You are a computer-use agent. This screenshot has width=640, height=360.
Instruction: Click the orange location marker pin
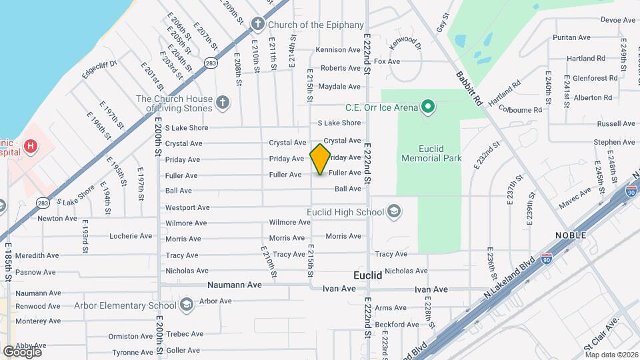click(x=321, y=159)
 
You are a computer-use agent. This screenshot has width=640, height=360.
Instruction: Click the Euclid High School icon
click(x=393, y=212)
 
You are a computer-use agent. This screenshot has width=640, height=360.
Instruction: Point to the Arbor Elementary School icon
click(x=187, y=305)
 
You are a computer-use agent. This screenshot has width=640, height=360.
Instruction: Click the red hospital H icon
click(x=30, y=145)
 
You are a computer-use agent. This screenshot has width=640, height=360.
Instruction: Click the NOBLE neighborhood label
click(x=571, y=235)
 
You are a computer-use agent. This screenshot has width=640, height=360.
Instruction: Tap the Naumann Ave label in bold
click(x=234, y=285)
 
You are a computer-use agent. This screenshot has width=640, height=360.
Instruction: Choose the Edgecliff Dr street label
click(x=99, y=69)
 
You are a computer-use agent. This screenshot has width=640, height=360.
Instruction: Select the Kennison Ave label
click(x=338, y=50)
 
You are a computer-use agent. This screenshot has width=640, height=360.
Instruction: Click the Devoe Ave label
click(x=600, y=20)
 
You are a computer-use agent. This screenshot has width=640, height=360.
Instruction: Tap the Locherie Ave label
click(x=131, y=236)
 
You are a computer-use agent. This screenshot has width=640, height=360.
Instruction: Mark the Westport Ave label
click(x=187, y=207)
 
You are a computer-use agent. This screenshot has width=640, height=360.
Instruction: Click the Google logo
click(x=22, y=351)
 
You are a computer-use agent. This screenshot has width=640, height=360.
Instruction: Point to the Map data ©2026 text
click(x=611, y=355)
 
